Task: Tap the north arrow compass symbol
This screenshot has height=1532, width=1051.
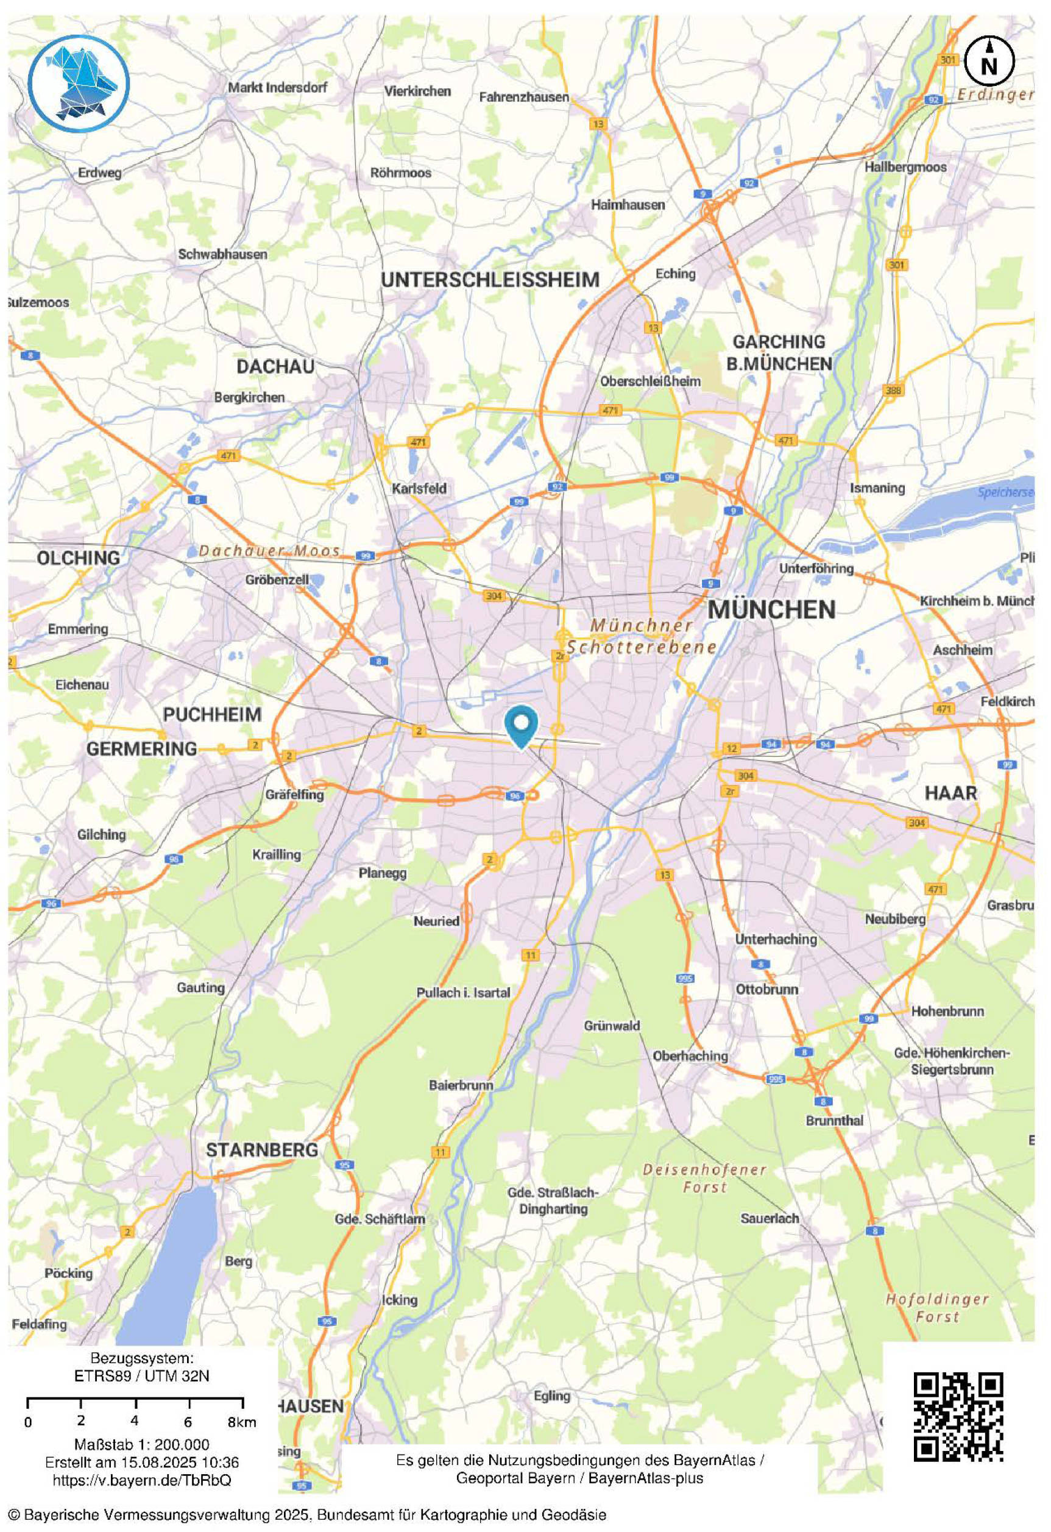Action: [x=989, y=61]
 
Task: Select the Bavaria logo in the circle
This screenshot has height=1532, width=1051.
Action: [x=79, y=82]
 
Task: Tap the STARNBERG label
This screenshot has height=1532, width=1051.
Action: [x=261, y=1151]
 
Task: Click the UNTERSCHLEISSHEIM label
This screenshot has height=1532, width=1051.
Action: [x=490, y=280]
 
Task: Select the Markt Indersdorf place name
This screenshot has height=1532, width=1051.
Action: [x=277, y=87]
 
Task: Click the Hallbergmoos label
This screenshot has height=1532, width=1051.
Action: [x=905, y=167]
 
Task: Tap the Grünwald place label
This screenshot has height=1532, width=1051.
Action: [x=612, y=1026]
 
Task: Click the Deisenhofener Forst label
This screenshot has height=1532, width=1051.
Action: [x=704, y=1178]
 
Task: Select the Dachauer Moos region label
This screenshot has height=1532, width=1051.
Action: [x=270, y=550]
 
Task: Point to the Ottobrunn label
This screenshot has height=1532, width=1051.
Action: [x=766, y=990]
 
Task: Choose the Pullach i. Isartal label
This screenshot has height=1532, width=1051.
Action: [x=462, y=993]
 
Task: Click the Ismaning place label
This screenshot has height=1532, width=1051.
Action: [x=877, y=489]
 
